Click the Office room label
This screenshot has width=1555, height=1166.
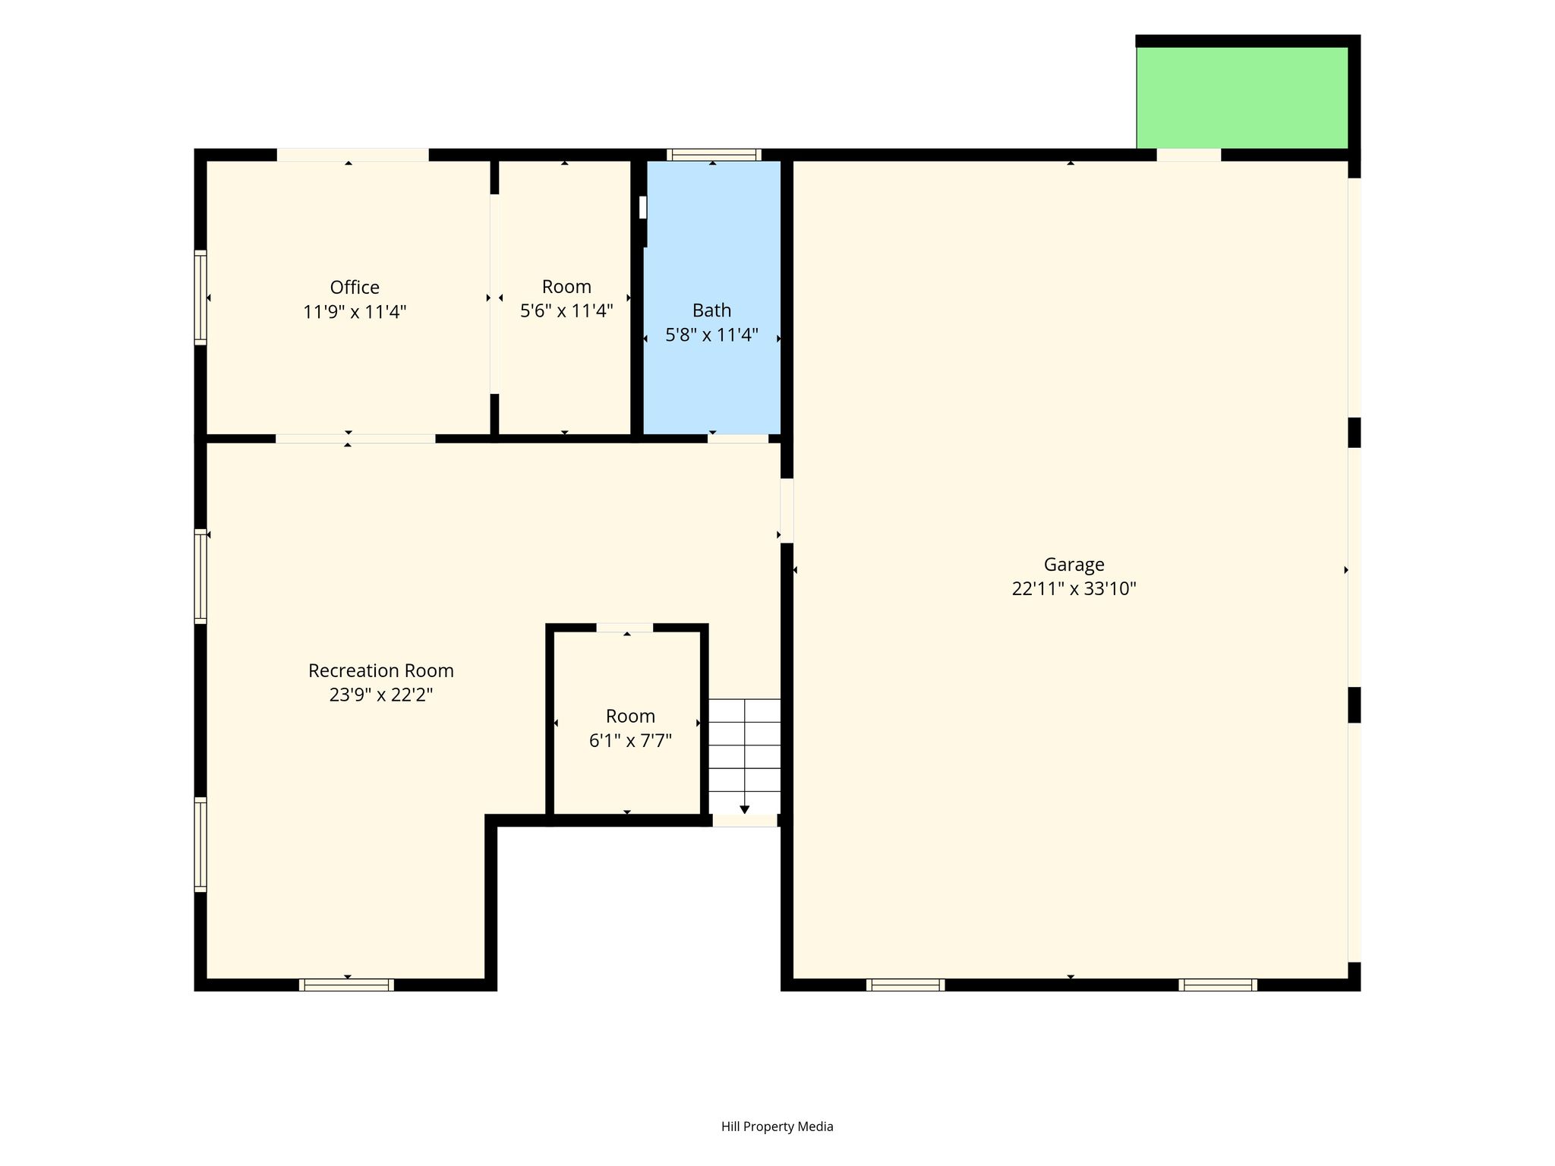click(x=355, y=288)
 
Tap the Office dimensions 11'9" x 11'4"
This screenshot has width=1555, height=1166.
click(x=355, y=312)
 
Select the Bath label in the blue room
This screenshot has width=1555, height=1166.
click(x=711, y=310)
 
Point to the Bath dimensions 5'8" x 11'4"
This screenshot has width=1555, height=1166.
click(x=711, y=335)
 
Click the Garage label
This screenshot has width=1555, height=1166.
click(x=1074, y=565)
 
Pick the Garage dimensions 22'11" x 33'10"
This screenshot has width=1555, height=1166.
click(x=1074, y=589)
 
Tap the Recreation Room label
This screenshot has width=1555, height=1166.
click(x=380, y=671)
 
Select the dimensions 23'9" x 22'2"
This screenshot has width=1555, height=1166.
click(x=380, y=695)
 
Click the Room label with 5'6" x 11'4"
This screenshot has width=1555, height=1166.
click(x=566, y=287)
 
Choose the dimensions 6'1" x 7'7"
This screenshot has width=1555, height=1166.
click(x=630, y=741)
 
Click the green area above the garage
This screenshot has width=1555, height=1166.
click(x=1241, y=98)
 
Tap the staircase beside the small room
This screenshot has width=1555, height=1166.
click(x=744, y=756)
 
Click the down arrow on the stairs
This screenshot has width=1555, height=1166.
click(x=744, y=809)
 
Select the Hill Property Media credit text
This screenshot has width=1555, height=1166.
click(x=777, y=1127)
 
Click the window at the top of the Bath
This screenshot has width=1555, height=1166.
click(x=714, y=155)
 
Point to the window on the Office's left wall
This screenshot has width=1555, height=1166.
click(x=200, y=298)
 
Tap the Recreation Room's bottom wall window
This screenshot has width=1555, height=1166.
click(x=346, y=985)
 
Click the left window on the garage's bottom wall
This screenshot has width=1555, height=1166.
click(x=905, y=985)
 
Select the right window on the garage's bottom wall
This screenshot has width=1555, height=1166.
click(x=1218, y=985)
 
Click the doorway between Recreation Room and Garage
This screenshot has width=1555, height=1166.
click(x=787, y=510)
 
